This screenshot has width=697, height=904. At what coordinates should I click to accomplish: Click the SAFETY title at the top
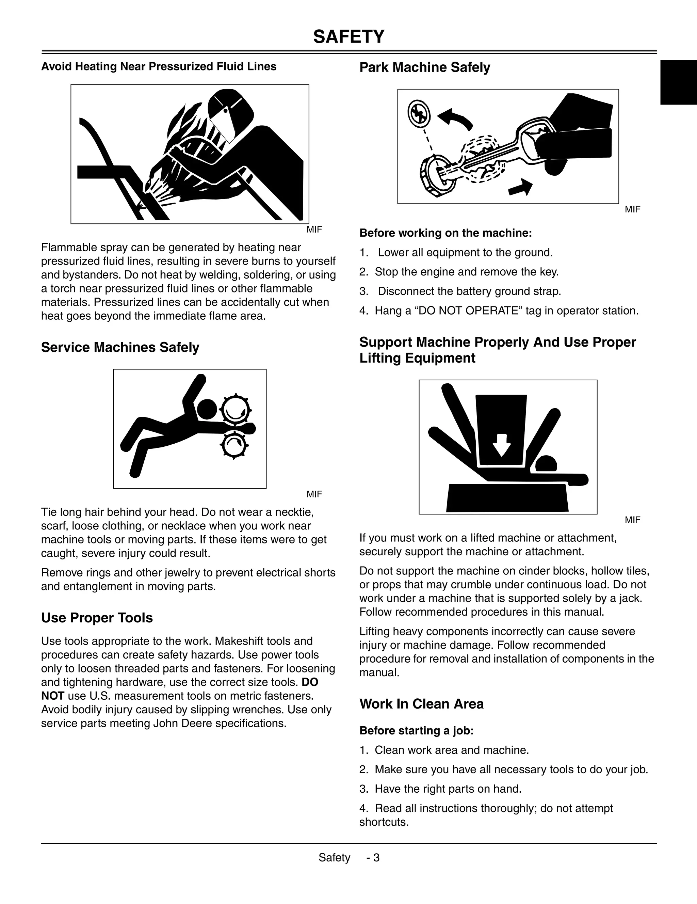(x=349, y=37)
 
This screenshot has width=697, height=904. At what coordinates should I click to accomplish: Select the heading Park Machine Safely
(x=424, y=67)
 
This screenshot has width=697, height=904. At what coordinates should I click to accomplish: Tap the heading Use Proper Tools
(x=97, y=618)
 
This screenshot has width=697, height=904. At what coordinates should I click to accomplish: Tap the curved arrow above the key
(x=455, y=118)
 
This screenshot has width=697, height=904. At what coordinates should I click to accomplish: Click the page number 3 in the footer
(x=376, y=858)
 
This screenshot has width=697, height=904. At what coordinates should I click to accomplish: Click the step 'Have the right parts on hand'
(x=448, y=789)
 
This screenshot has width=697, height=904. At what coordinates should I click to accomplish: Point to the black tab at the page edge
(x=678, y=82)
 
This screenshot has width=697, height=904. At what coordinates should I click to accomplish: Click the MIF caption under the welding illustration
(x=314, y=230)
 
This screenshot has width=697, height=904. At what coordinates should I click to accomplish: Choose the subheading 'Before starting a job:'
(x=416, y=731)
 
